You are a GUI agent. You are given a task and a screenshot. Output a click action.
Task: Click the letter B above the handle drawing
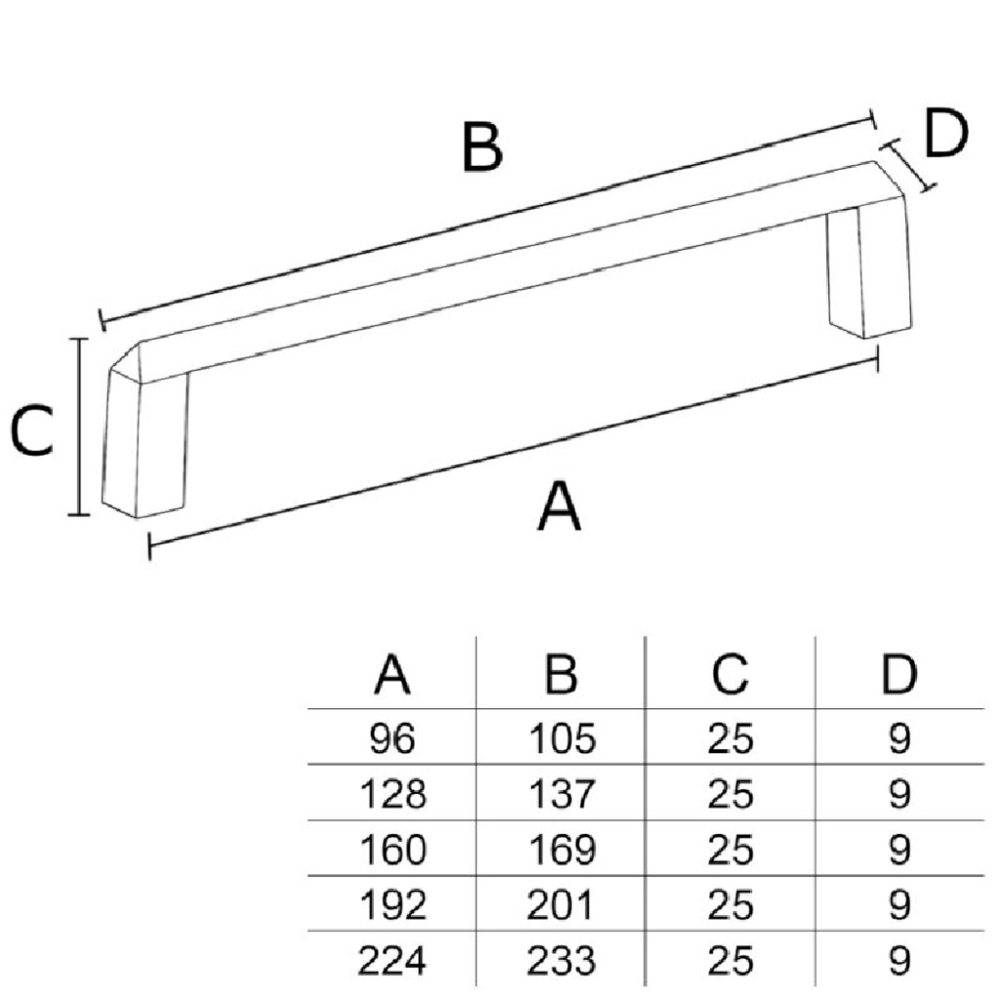pyautogui.click(x=483, y=148)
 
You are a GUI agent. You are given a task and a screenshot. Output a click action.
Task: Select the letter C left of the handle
pyautogui.click(x=32, y=432)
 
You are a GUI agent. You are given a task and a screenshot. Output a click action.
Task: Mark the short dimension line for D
pyautogui.click(x=910, y=164)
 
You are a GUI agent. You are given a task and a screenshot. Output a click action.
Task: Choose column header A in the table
pyautogui.click(x=392, y=675)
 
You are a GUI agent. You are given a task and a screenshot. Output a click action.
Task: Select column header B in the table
pyautogui.click(x=561, y=675)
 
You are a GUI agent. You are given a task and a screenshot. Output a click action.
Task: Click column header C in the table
pyautogui.click(x=730, y=675)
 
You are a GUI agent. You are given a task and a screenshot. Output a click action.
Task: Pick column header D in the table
pyautogui.click(x=899, y=675)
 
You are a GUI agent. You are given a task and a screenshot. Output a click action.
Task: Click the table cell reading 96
pyautogui.click(x=392, y=739)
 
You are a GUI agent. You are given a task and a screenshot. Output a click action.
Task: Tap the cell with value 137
pyautogui.click(x=561, y=795)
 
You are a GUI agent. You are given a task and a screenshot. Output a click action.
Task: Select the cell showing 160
pyautogui.click(x=392, y=851)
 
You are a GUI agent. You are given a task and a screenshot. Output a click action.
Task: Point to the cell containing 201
pyautogui.click(x=561, y=906)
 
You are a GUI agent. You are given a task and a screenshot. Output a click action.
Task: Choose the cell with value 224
pyautogui.click(x=392, y=962)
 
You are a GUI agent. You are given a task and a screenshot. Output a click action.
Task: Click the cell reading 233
pyautogui.click(x=561, y=962)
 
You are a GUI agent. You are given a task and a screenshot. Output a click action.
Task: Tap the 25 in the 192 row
pyautogui.click(x=730, y=906)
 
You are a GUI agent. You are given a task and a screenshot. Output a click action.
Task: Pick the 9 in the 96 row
pyautogui.click(x=899, y=739)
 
